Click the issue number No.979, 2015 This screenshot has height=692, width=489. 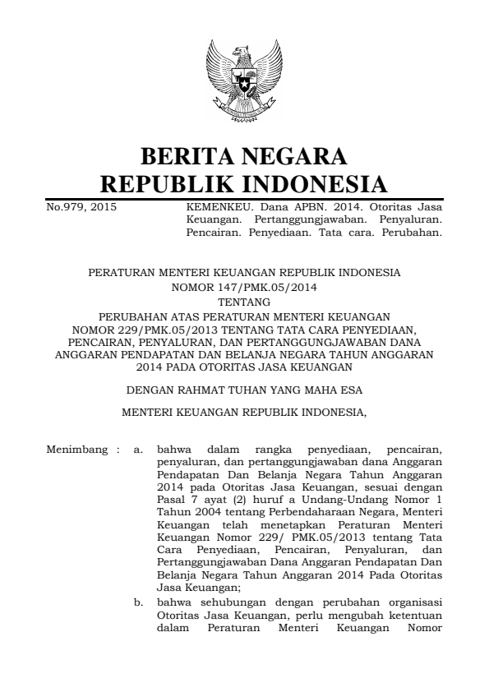point(81,208)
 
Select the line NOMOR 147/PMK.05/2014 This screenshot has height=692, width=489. point(243,288)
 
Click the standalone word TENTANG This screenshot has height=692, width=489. point(243,302)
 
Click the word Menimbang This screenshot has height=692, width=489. point(76,450)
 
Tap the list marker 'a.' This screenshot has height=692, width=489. point(139,450)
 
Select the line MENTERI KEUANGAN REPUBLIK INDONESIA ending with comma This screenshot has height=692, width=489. point(243,412)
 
